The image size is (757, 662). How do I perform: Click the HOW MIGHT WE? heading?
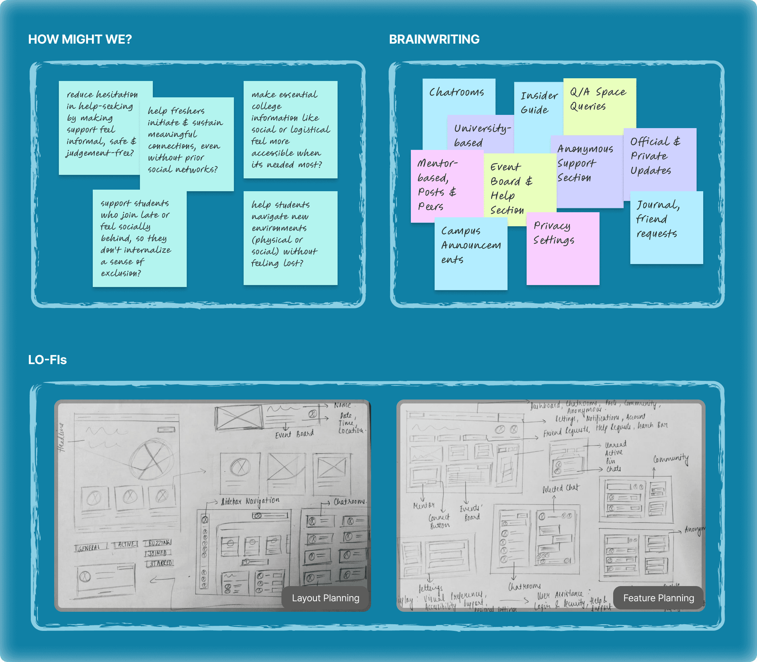click(80, 39)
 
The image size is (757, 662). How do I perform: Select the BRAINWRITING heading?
click(434, 39)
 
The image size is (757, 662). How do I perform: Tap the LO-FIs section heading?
click(48, 360)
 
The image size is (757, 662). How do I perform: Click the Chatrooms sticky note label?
click(456, 93)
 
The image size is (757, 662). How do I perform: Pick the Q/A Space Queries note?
click(599, 99)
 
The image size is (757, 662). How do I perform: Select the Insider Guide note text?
click(538, 103)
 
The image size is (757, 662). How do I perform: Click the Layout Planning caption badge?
click(325, 598)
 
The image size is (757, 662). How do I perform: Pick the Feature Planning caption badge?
click(658, 598)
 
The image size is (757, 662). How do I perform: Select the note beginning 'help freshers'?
click(186, 140)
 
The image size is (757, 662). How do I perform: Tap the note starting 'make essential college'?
click(290, 129)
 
